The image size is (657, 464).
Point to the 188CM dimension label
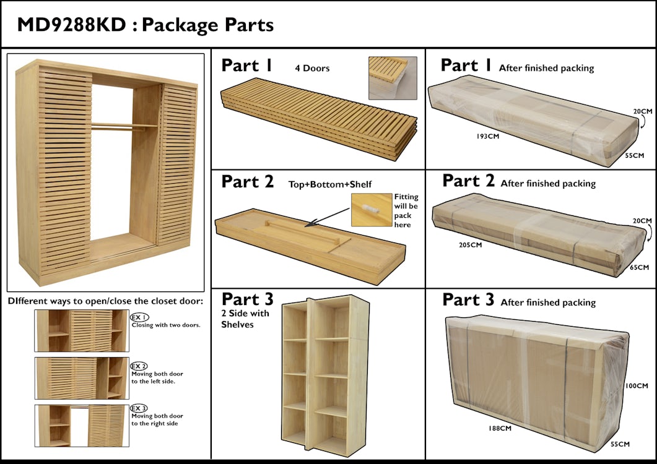[x=499, y=428]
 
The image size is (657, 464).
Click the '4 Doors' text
[x=312, y=68]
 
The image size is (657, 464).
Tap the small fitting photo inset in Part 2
[x=372, y=210]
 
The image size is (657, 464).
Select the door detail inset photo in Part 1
[x=393, y=78]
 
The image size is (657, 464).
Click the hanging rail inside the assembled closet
[x=124, y=126]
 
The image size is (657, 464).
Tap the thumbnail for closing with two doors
[x=82, y=331]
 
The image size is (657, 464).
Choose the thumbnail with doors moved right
[x=82, y=426]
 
